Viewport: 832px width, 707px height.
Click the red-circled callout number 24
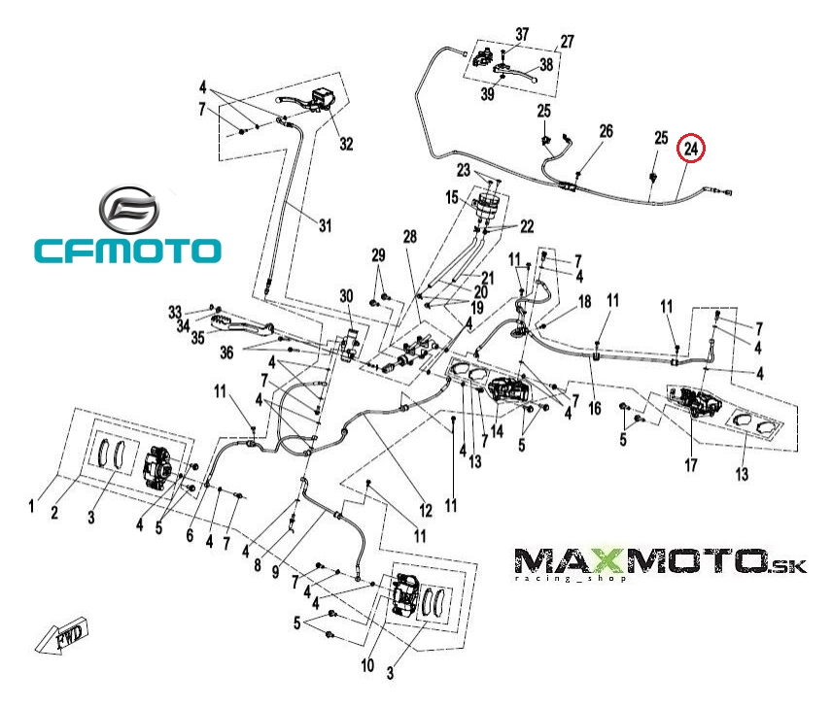pyautogui.click(x=691, y=149)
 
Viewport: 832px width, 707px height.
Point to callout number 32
pyautogui.click(x=346, y=144)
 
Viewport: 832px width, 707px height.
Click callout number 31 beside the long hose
pyautogui.click(x=325, y=226)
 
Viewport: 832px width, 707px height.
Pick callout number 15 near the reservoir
pyautogui.click(x=453, y=198)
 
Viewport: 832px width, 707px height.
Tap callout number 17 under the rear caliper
pyautogui.click(x=690, y=465)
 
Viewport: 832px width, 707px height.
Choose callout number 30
pyautogui.click(x=346, y=296)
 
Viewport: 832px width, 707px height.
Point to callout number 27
pyautogui.click(x=567, y=43)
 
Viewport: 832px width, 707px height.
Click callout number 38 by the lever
pyautogui.click(x=546, y=65)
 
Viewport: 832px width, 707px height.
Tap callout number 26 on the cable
pyautogui.click(x=606, y=131)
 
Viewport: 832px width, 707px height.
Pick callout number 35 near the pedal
pyautogui.click(x=197, y=339)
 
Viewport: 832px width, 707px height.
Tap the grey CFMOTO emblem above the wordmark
pyautogui.click(x=127, y=209)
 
